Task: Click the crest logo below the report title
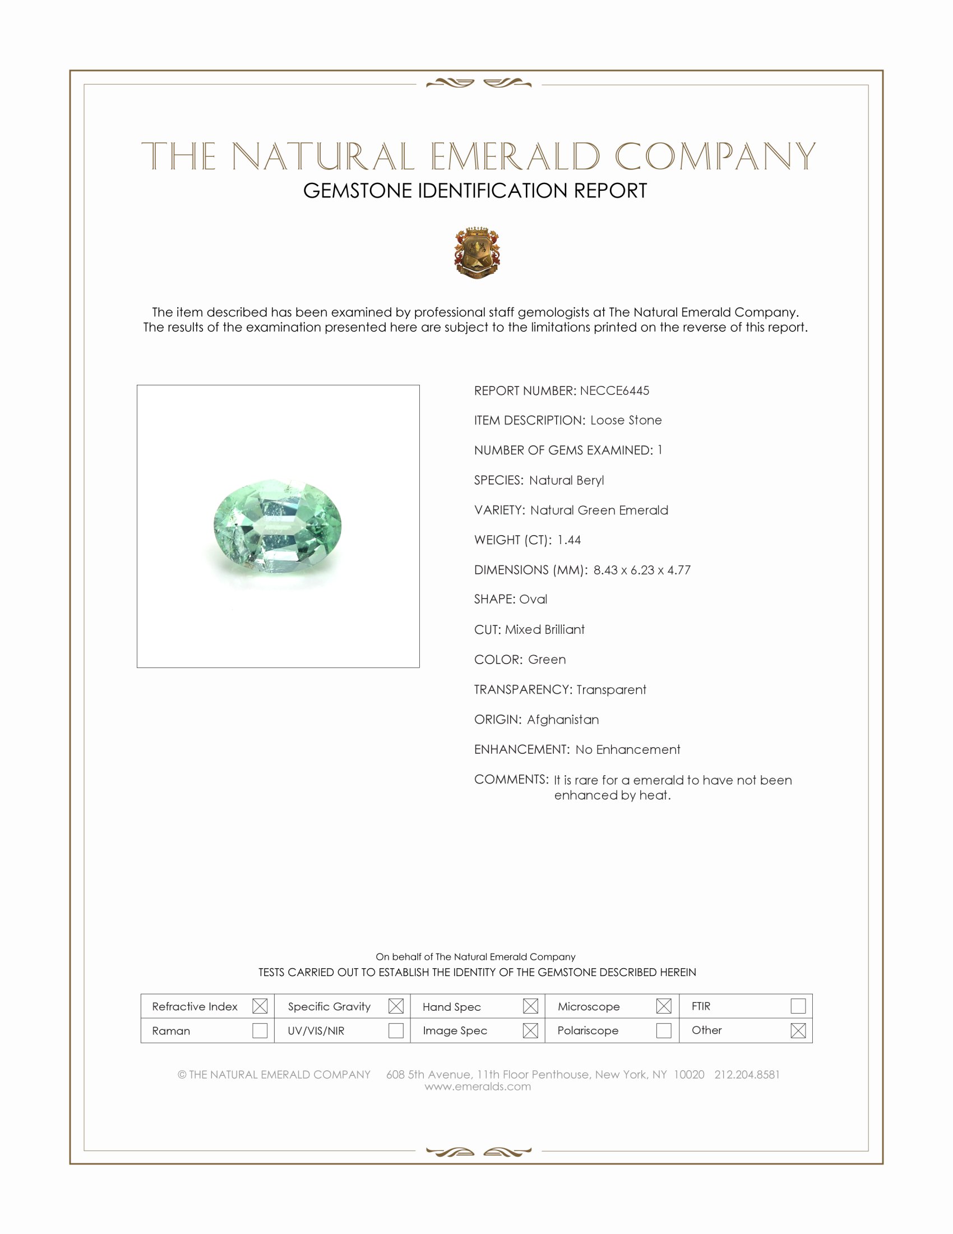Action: coord(477,252)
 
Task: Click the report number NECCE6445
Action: coord(614,390)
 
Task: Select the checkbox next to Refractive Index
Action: coord(260,1006)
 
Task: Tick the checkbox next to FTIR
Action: coord(798,1006)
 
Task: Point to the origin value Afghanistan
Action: coord(563,719)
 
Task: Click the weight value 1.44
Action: coord(568,540)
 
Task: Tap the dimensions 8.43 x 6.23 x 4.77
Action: coord(641,569)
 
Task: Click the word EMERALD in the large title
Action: coord(515,156)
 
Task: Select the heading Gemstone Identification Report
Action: coord(475,191)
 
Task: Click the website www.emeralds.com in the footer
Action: coord(478,1086)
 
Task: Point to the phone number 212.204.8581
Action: coord(746,1074)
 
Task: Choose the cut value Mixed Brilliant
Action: coord(544,629)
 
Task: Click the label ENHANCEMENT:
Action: coord(522,749)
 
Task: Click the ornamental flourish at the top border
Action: coord(478,84)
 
